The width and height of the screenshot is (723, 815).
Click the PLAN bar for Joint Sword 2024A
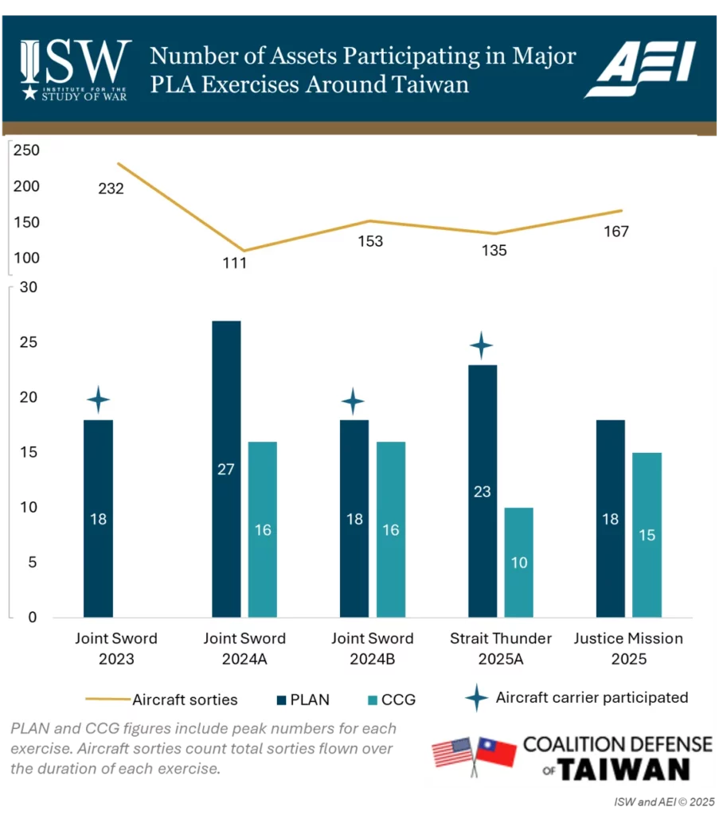tap(226, 469)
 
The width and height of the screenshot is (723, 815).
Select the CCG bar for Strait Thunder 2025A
tap(518, 562)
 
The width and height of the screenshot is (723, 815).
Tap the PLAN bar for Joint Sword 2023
tap(98, 518)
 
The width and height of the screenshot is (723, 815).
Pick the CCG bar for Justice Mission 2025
tap(647, 535)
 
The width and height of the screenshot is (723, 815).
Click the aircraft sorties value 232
tap(111, 189)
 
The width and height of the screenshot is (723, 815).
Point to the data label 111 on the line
tap(234, 263)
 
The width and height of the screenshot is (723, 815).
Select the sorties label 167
tap(616, 232)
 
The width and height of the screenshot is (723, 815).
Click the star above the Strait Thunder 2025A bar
tap(481, 346)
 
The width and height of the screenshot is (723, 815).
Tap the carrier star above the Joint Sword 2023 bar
tap(98, 399)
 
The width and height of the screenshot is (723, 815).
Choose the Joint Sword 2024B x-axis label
tap(373, 647)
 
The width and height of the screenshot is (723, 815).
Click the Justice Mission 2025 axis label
tap(628, 647)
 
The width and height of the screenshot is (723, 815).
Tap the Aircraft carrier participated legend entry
tap(578, 698)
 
